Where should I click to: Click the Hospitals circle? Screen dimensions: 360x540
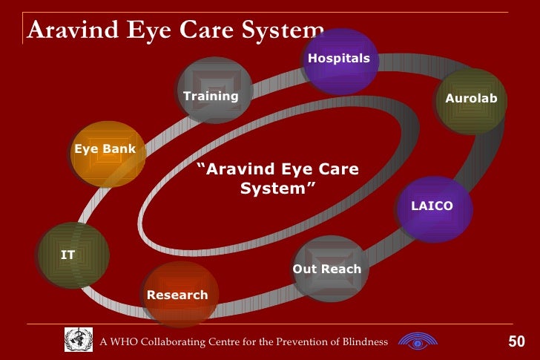pyautogui.click(x=340, y=59)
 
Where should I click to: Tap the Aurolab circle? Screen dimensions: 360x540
pyautogui.click(x=471, y=101)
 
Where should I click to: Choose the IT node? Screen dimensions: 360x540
pyautogui.click(x=73, y=255)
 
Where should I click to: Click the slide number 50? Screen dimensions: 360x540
pyautogui.click(x=516, y=341)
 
